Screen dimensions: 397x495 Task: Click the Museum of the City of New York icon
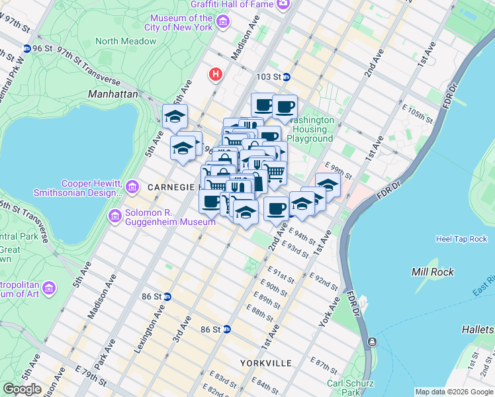223,23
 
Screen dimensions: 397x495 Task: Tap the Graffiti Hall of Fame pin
283,5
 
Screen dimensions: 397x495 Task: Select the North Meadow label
126,41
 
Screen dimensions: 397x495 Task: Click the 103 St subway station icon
287,77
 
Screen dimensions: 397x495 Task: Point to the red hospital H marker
215,74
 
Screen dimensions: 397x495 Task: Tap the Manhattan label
112,95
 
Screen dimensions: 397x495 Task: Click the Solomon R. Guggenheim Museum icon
115,216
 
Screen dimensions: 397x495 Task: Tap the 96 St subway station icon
26,48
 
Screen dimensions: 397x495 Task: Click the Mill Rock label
432,272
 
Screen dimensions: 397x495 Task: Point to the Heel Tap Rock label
461,239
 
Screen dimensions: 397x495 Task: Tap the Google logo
22,389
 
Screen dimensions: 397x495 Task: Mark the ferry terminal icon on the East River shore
371,342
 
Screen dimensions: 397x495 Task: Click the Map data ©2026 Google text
454,392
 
